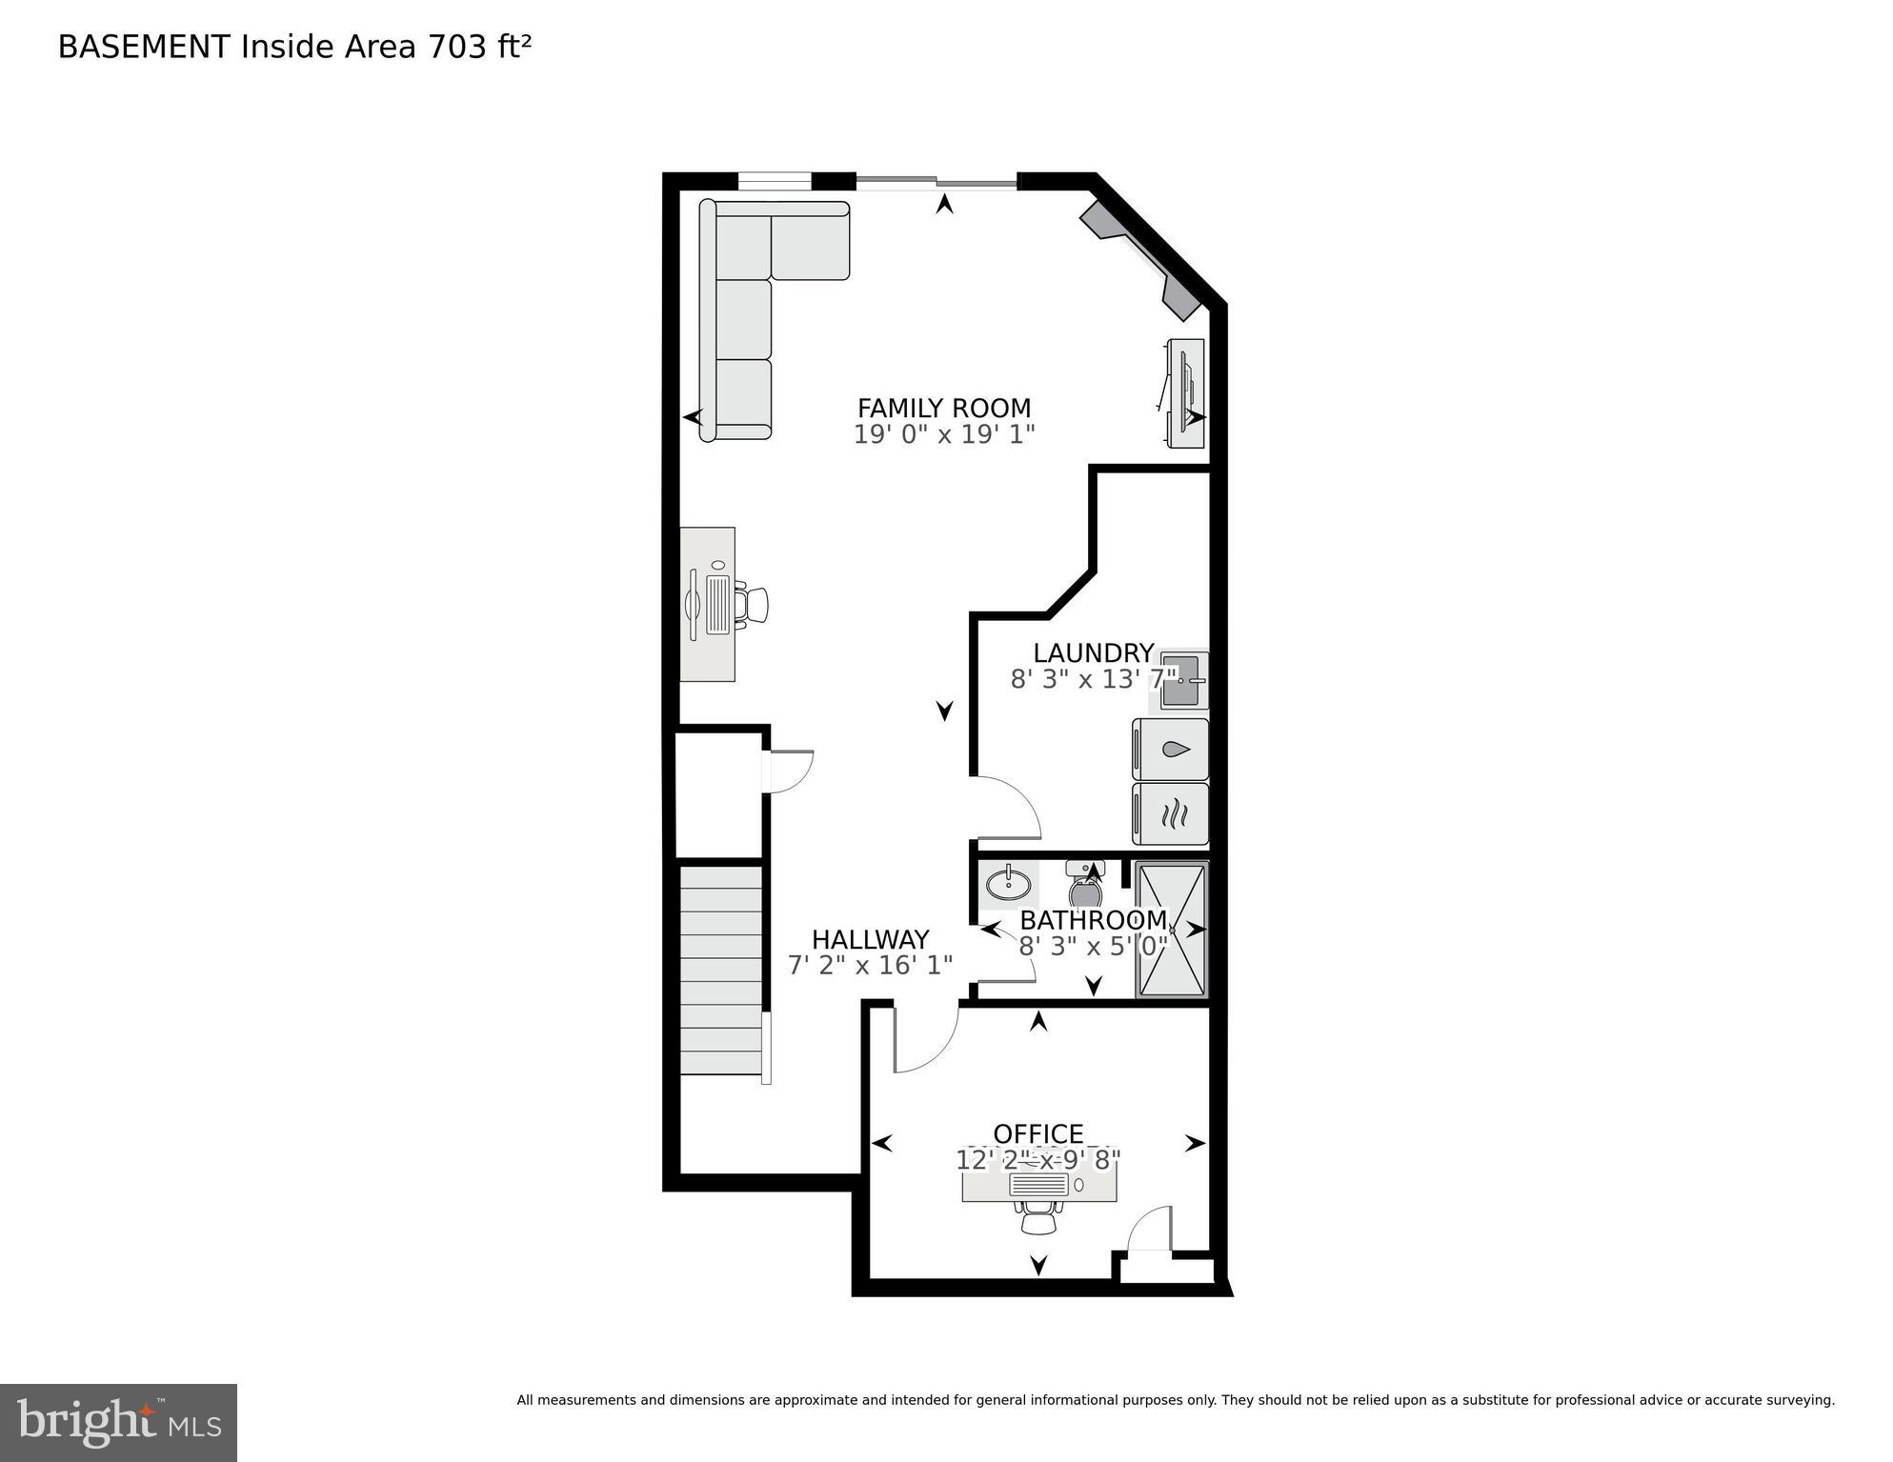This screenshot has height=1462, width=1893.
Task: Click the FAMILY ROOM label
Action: point(943,408)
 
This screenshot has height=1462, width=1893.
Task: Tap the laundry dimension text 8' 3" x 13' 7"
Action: point(1093,679)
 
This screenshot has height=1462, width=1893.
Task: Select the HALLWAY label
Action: point(870,939)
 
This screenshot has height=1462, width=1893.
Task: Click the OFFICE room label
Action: point(1037,1133)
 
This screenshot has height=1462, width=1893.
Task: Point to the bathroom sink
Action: point(1008,885)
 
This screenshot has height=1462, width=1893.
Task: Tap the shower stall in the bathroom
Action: point(1172,930)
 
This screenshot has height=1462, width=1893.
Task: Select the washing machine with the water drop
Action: point(1171,750)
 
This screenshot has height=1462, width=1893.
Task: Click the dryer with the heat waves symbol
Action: point(1171,814)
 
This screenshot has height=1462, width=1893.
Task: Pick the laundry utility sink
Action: point(1181,681)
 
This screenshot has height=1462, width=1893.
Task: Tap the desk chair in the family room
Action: point(755,605)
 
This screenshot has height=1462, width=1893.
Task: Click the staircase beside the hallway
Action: point(721,970)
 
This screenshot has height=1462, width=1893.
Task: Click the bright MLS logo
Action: point(118,1422)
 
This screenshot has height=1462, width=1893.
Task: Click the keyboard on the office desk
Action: point(1038,1184)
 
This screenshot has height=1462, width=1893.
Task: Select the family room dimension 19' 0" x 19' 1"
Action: point(943,434)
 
